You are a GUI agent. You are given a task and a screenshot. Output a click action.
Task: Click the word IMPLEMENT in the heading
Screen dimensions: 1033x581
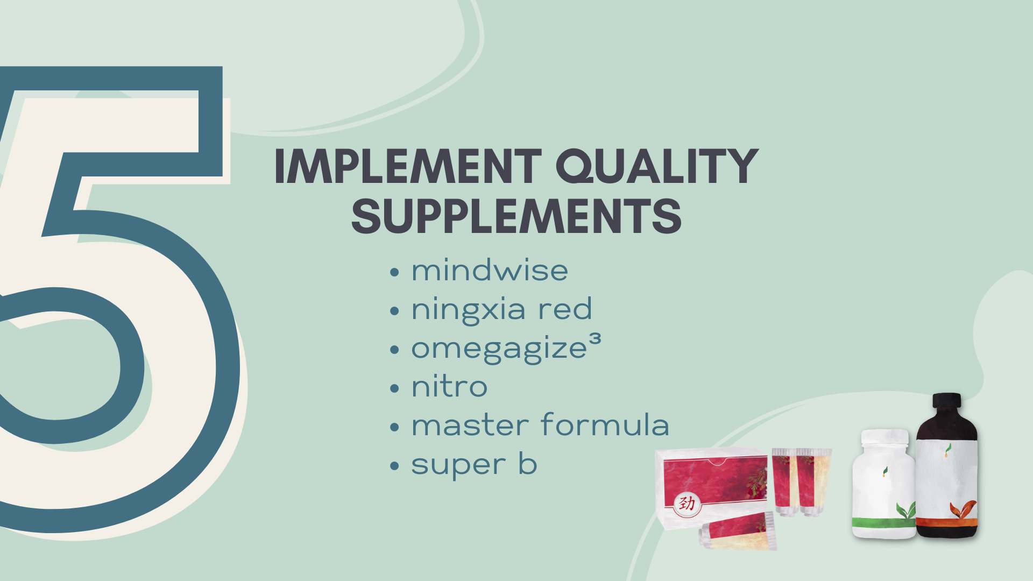408,166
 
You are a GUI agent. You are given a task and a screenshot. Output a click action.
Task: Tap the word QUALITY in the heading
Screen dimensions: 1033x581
657,167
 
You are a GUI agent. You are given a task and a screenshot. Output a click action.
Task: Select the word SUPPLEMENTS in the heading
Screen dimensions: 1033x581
516,216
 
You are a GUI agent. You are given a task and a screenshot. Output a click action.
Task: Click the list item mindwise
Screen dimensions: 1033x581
490,270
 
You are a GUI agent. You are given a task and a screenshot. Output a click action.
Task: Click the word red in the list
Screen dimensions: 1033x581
565,309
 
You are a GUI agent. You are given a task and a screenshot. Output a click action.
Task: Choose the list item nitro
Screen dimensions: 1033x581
449,386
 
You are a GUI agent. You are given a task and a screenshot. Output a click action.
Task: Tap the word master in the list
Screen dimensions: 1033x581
470,426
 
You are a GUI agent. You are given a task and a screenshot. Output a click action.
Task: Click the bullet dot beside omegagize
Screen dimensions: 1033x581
394,350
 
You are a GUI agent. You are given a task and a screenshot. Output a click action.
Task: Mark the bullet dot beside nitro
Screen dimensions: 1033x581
394,388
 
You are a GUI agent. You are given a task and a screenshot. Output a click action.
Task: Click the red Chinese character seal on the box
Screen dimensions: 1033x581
687,504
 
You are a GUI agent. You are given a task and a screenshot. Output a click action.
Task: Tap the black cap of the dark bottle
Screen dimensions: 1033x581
946,401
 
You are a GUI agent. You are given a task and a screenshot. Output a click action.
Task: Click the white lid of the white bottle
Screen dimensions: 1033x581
885,437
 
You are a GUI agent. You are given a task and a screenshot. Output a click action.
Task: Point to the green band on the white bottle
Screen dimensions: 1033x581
883,522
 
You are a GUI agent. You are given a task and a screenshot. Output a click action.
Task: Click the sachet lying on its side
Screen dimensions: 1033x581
737,532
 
